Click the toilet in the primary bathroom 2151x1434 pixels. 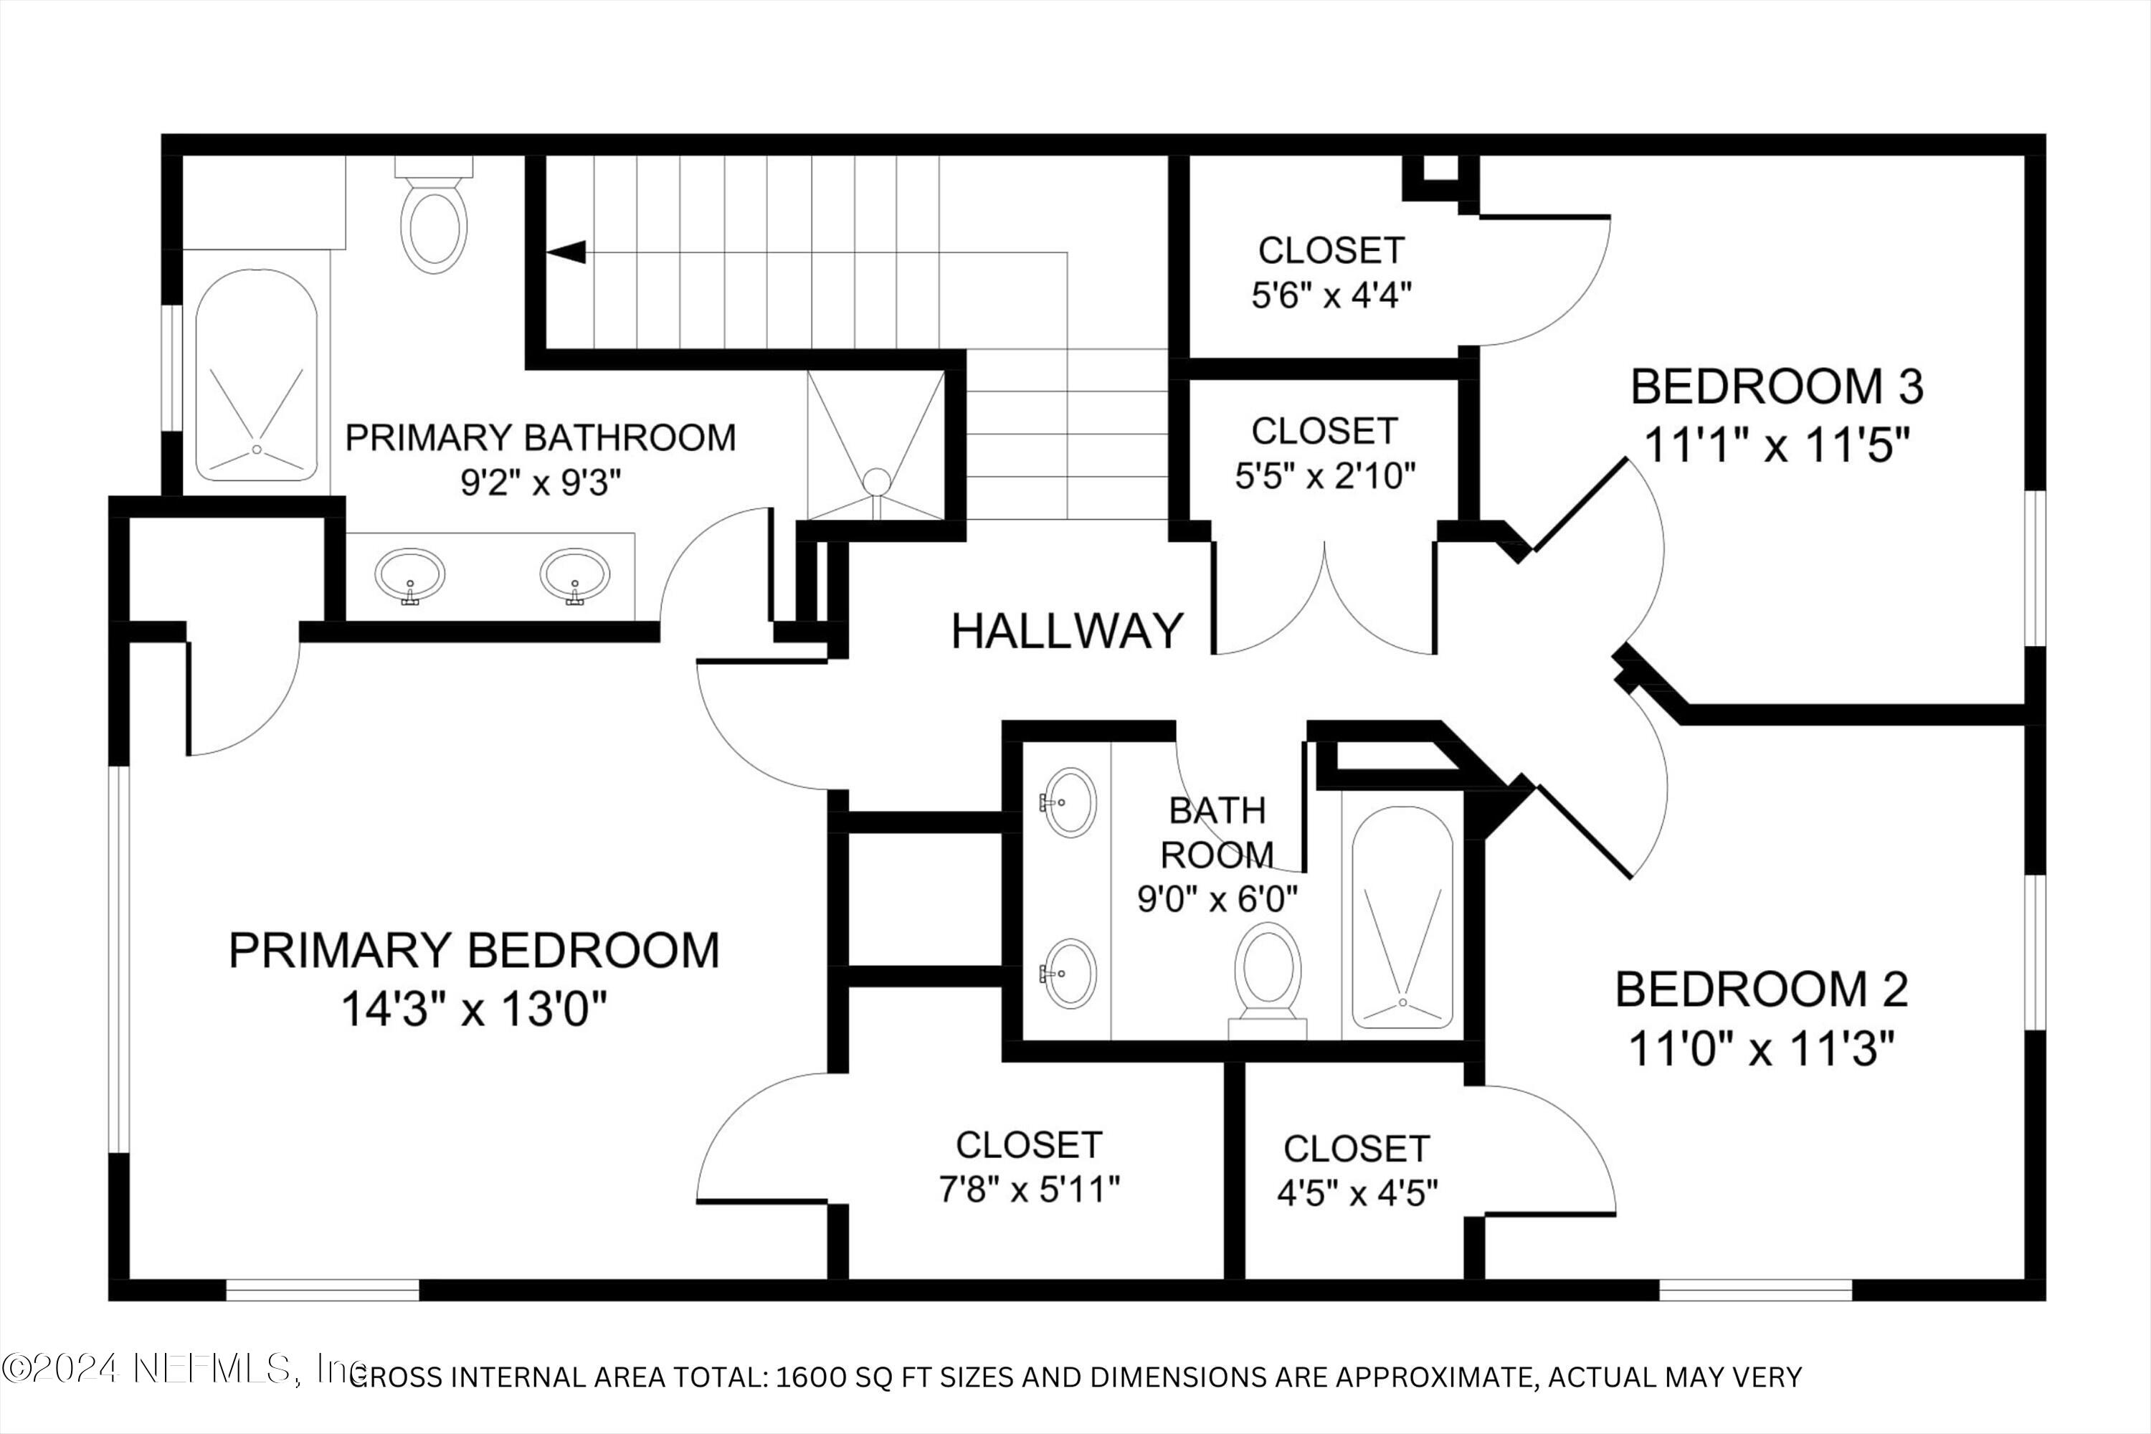tap(434, 224)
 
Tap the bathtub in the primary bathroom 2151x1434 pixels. tap(257, 375)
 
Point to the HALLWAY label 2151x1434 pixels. tap(1068, 632)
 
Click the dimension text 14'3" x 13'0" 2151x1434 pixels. tap(474, 1010)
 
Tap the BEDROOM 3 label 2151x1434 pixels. tap(1777, 387)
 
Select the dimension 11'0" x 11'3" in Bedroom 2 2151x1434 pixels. tap(1760, 1049)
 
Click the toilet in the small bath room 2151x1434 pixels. tap(1268, 974)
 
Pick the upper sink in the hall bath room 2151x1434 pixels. tap(1070, 802)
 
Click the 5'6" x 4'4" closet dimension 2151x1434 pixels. tap(1331, 295)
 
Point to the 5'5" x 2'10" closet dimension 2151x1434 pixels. tap(1325, 475)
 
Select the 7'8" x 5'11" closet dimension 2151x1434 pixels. tap(1029, 1189)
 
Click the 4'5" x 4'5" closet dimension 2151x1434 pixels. tap(1357, 1192)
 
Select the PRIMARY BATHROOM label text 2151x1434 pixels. tap(540, 438)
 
